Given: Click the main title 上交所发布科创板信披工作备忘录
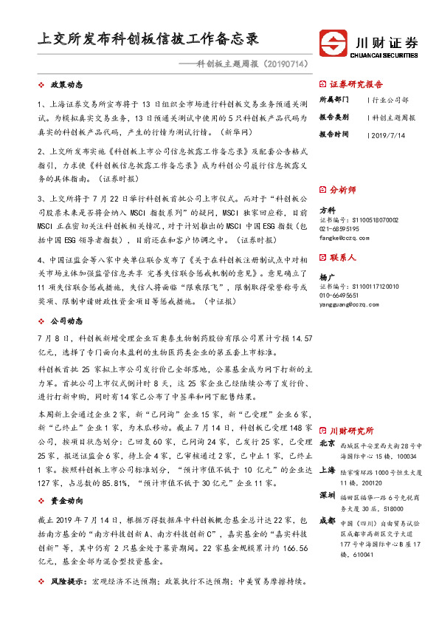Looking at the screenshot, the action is click(148, 38).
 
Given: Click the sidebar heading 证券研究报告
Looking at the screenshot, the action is click(356, 83).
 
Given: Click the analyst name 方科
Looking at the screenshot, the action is click(326, 211).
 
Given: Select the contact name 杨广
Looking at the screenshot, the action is click(326, 276).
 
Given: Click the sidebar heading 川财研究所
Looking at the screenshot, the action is click(351, 430).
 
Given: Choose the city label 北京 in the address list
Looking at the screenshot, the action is click(327, 444).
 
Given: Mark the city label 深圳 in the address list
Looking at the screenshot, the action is click(327, 494).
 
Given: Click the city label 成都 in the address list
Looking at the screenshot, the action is click(327, 520).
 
